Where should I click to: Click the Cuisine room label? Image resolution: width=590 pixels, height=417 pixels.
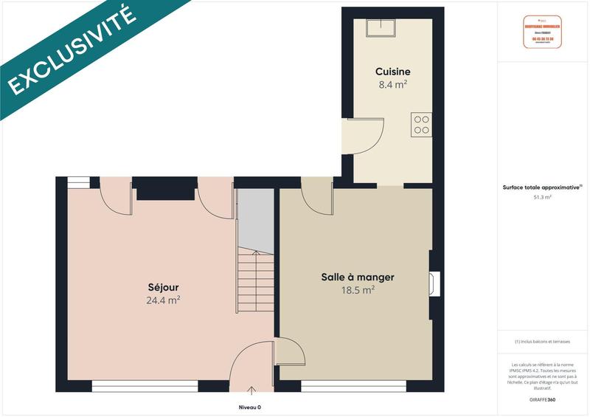tap(392, 72)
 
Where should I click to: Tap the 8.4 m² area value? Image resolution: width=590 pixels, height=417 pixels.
tap(392, 85)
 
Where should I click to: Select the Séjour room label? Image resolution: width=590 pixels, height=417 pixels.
tap(163, 287)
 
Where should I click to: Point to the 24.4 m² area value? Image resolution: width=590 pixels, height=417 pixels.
tap(163, 300)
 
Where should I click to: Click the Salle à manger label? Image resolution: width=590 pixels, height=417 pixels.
tap(358, 278)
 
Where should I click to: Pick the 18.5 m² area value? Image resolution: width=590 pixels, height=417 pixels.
tap(358, 291)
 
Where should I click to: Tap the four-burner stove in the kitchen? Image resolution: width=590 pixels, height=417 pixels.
tap(422, 124)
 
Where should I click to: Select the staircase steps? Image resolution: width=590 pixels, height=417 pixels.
tap(256, 281)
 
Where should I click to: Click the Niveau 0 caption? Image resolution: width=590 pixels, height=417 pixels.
tap(250, 407)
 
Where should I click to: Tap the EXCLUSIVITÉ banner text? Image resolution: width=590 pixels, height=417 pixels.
tap(72, 49)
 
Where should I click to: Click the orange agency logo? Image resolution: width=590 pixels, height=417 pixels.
tap(542, 32)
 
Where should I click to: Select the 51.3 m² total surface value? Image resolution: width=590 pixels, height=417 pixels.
tap(543, 197)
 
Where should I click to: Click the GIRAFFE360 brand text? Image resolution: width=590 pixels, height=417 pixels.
tap(543, 398)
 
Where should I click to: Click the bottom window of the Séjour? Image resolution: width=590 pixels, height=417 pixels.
tap(145, 385)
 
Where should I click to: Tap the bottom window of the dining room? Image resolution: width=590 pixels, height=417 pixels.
tap(353, 385)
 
